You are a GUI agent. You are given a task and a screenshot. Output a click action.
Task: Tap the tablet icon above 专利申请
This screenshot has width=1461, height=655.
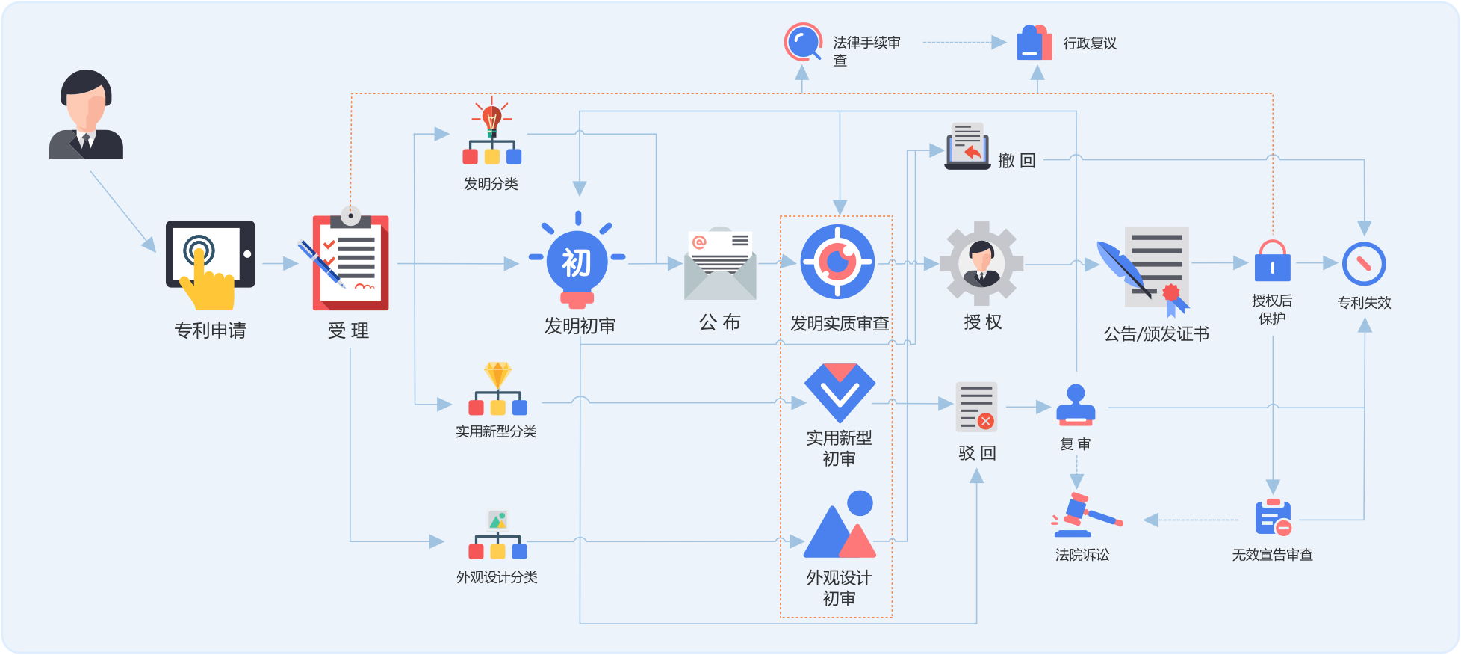click(210, 262)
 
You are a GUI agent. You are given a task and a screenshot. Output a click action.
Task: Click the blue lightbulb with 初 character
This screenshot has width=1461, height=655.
click(577, 262)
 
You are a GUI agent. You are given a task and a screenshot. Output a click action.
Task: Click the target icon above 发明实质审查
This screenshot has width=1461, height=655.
click(837, 262)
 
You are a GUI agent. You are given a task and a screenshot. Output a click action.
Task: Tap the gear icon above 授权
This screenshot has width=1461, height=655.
click(981, 262)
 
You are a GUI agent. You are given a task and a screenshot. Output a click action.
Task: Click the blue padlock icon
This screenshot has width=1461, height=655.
click(1272, 261)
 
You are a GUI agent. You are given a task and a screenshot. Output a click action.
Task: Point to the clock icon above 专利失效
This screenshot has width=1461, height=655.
click(1364, 263)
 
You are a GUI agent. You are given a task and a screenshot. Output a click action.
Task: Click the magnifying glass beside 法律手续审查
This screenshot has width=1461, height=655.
click(803, 42)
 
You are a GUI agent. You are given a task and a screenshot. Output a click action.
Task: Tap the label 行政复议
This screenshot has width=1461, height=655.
click(1090, 43)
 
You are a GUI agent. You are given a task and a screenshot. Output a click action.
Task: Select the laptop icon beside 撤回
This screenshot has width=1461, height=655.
click(967, 147)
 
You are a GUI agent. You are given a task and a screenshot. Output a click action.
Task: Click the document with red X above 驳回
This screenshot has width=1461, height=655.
click(976, 408)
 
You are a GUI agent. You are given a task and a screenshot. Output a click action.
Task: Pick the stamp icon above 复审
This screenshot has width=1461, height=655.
click(1076, 405)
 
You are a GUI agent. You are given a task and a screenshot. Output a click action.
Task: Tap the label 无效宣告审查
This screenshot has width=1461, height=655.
click(1272, 555)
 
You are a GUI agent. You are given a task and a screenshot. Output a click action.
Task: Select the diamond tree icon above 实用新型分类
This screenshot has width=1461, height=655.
click(497, 389)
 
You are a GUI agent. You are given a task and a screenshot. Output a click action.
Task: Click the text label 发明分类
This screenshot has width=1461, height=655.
click(491, 184)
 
